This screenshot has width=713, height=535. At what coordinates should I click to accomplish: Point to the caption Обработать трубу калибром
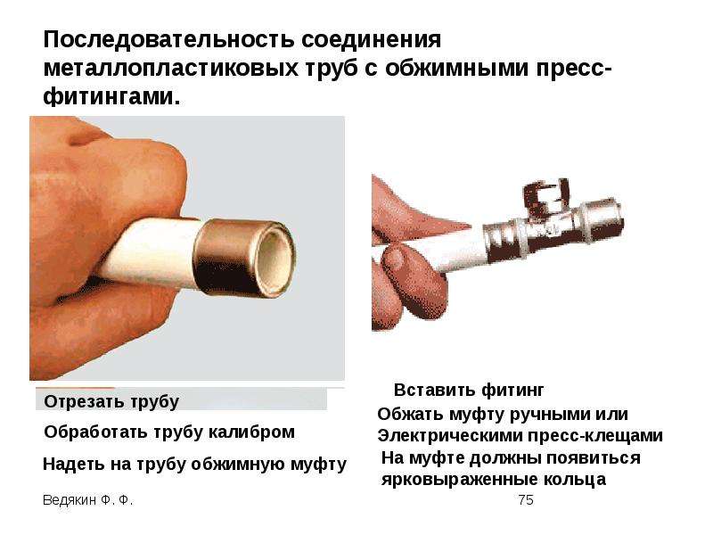[x=169, y=432]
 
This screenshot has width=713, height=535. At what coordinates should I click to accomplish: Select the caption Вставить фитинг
[x=468, y=391]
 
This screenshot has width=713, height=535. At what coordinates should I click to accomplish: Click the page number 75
[x=525, y=501]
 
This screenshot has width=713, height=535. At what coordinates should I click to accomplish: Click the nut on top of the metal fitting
[x=541, y=192]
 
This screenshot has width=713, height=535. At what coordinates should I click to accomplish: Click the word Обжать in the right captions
[x=408, y=414]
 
